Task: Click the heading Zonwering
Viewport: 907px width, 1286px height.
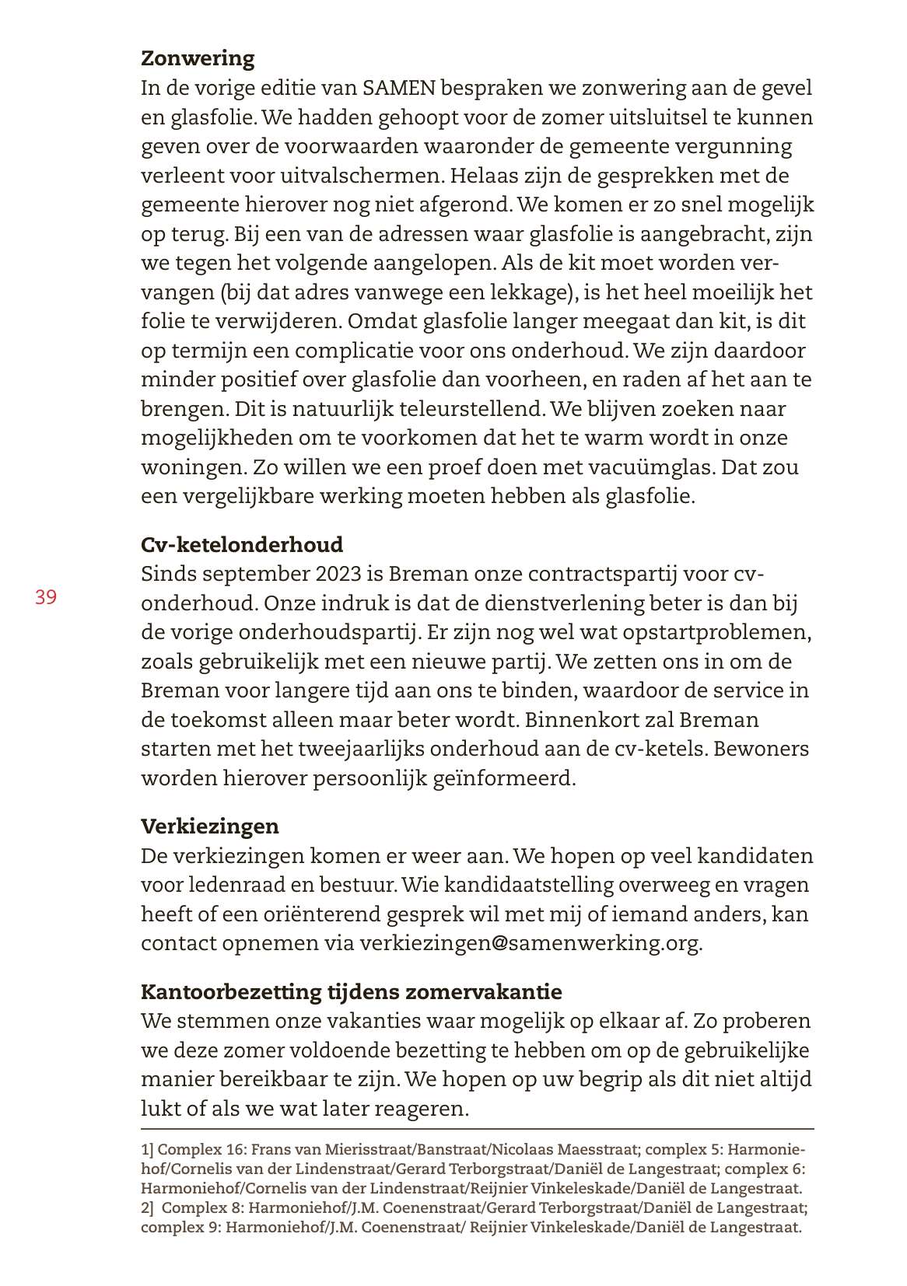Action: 198,58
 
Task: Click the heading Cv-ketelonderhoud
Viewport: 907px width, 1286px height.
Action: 242,545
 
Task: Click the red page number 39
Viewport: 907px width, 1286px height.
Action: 46,597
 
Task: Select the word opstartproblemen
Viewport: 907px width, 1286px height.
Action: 712,632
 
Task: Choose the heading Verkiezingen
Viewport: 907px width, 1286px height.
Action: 210,826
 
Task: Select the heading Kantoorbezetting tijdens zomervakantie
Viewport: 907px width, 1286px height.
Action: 351,992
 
